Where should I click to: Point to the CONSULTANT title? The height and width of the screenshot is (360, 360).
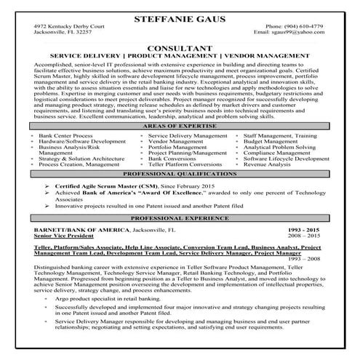click(180, 47)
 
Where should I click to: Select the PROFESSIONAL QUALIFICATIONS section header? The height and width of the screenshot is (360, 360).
click(180, 175)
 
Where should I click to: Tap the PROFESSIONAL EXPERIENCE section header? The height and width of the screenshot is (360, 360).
click(180, 217)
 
